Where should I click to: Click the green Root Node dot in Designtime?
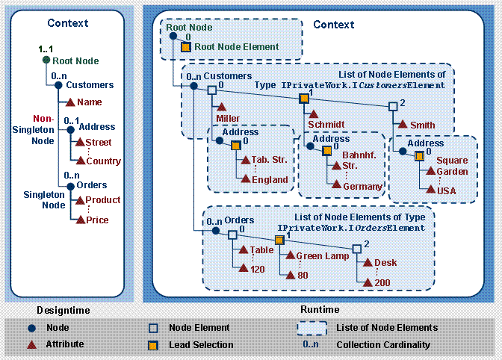click(x=46, y=60)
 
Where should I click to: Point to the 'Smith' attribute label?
click(x=422, y=125)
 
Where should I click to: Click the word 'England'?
click(x=269, y=179)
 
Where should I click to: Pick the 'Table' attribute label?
click(x=261, y=250)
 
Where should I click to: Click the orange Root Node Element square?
click(x=186, y=46)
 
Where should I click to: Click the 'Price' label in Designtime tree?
click(x=96, y=220)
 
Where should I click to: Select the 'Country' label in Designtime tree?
click(x=103, y=161)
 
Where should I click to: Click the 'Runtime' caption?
click(x=321, y=309)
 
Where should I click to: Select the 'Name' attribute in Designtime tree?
click(x=89, y=102)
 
